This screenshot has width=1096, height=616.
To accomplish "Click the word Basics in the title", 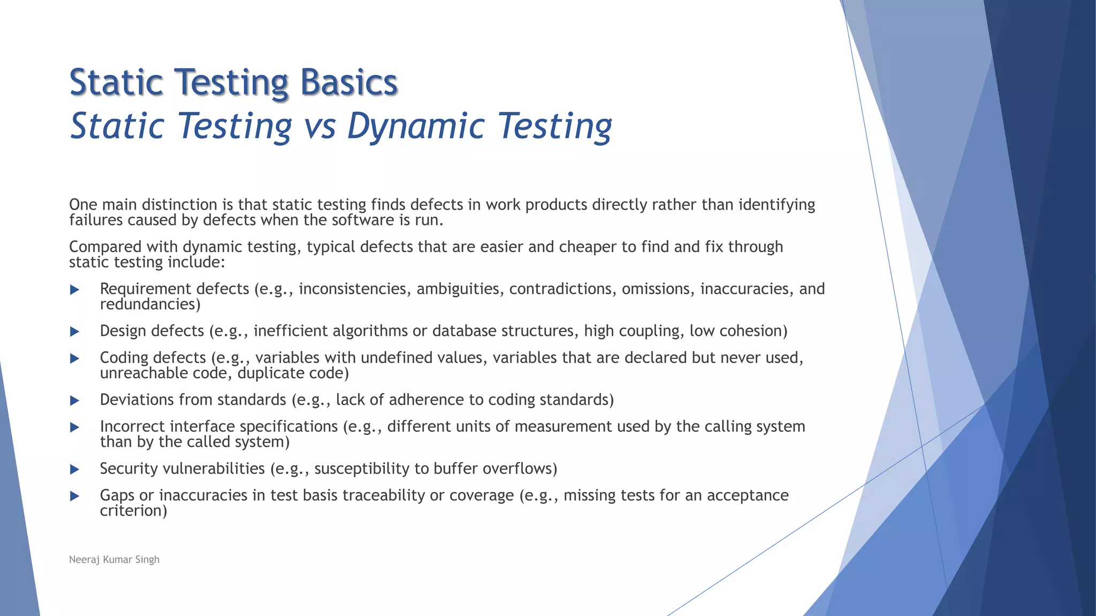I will pyautogui.click(x=348, y=83).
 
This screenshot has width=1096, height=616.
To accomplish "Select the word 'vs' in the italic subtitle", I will pyautogui.click(x=319, y=127).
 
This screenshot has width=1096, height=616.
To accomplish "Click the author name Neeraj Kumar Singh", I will pyautogui.click(x=114, y=559).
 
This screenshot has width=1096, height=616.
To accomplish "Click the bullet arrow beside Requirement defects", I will pyautogui.click(x=75, y=290).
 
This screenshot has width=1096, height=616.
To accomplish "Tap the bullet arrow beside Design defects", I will pyautogui.click(x=75, y=332).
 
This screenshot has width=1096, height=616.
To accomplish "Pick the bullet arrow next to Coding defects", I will pyautogui.click(x=75, y=358).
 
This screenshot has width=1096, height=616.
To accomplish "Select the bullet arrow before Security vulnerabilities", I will pyautogui.click(x=75, y=469).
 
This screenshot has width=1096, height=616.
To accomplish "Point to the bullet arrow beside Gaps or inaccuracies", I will pyautogui.click(x=75, y=496).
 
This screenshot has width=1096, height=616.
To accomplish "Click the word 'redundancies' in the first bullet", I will pyautogui.click(x=148, y=304).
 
